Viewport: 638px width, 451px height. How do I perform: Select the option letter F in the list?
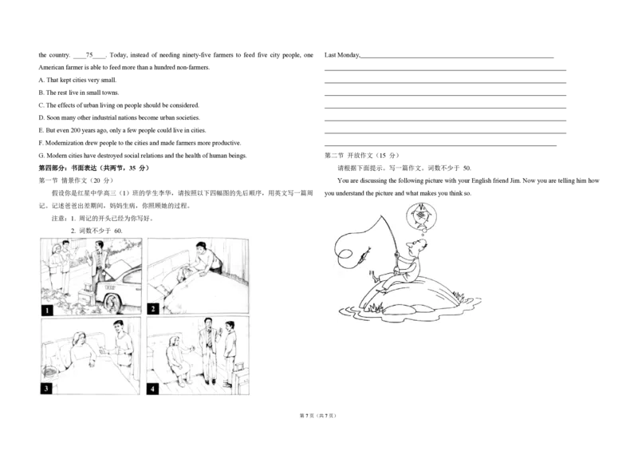click(41, 143)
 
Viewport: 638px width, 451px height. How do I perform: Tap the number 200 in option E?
click(75, 130)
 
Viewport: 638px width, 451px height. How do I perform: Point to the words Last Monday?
click(342, 55)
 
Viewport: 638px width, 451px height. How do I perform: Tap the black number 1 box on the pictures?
click(47, 311)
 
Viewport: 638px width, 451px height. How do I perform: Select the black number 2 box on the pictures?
click(153, 309)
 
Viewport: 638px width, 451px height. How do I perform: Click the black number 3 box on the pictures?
click(46, 388)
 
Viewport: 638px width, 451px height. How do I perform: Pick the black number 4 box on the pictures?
click(152, 389)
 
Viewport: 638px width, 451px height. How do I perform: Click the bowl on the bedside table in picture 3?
click(50, 371)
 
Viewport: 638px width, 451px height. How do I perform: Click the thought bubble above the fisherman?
click(422, 218)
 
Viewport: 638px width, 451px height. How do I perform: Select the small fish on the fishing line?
click(364, 255)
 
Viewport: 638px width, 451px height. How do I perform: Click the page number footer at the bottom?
click(318, 416)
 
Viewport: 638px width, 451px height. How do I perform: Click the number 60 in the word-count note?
click(118, 231)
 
